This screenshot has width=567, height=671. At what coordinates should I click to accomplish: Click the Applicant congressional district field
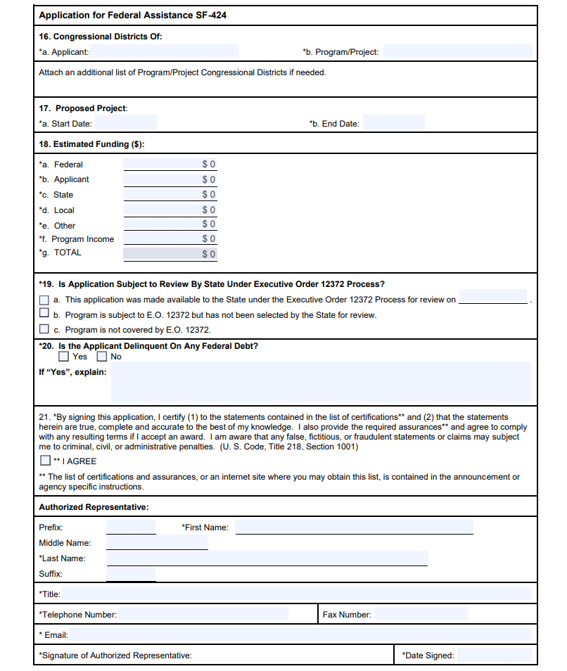click(x=164, y=51)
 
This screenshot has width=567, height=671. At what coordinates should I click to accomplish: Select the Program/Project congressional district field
click(x=457, y=51)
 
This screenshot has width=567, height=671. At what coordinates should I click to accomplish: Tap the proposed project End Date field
click(x=393, y=123)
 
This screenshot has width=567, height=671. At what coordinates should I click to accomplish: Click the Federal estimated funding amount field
click(x=170, y=164)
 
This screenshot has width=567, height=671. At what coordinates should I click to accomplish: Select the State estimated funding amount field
click(x=170, y=194)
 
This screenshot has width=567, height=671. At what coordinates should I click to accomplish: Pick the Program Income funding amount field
click(x=170, y=239)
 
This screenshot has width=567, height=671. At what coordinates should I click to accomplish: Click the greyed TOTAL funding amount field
click(x=170, y=253)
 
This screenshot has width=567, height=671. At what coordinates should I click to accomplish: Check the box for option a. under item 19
click(x=44, y=300)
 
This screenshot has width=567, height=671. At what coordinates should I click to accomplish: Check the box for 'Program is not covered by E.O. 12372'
click(x=44, y=328)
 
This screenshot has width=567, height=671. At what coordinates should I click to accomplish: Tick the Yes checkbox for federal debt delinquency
click(x=63, y=356)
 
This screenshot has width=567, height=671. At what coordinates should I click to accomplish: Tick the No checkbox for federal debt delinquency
click(x=102, y=356)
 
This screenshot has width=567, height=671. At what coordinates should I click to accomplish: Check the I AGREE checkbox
click(x=46, y=461)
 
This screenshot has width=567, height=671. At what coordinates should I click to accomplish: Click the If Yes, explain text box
click(x=321, y=382)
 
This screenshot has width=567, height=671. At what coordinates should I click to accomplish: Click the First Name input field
click(x=354, y=527)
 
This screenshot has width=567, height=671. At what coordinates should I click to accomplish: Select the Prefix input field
click(x=131, y=527)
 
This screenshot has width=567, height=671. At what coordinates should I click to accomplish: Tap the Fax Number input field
click(x=421, y=614)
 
